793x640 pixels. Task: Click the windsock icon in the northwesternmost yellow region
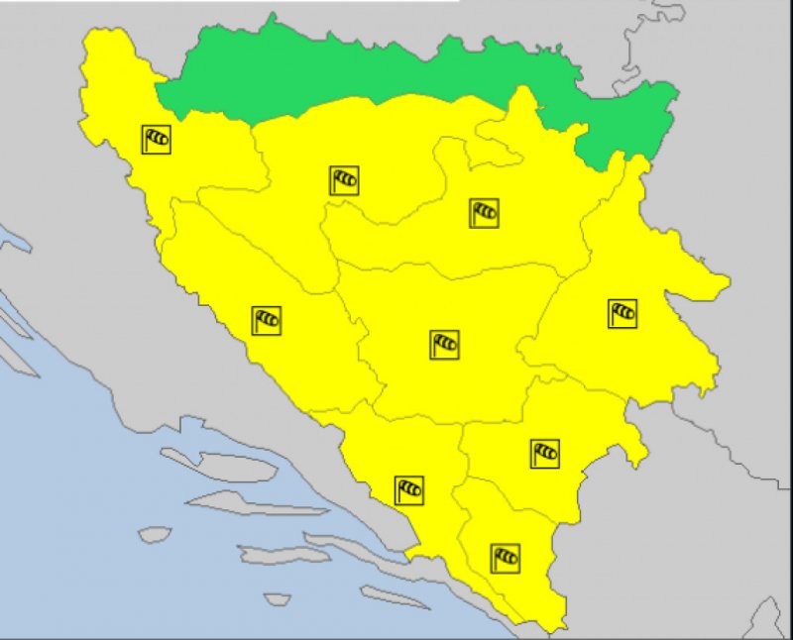(x=157, y=139)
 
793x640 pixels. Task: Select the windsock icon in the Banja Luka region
(x=344, y=180)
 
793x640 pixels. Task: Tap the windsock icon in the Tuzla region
(x=484, y=212)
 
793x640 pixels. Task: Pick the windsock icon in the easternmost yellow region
(x=623, y=313)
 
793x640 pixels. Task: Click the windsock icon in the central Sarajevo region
(x=444, y=345)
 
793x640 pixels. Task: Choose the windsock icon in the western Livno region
(x=266, y=320)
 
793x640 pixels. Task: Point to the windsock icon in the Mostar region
(x=409, y=489)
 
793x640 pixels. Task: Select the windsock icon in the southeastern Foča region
(x=544, y=454)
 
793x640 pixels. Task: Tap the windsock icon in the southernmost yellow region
(x=506, y=558)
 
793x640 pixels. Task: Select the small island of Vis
(x=155, y=535)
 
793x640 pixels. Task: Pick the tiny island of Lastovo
(x=278, y=599)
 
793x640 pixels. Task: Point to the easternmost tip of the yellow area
(x=730, y=283)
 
